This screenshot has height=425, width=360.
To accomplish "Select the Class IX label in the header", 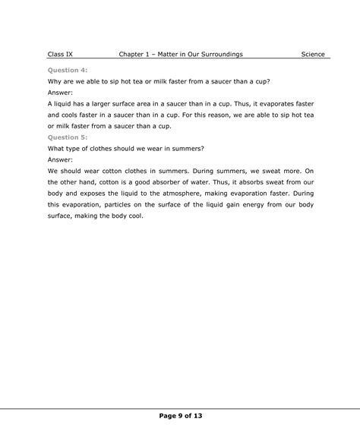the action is pyautogui.click(x=60, y=55).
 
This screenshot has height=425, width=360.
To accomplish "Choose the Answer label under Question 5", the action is pyautogui.click(x=61, y=160).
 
